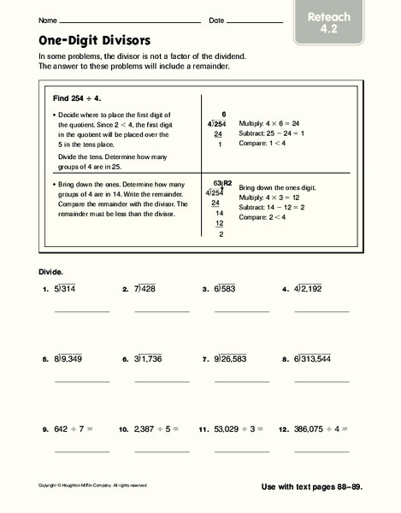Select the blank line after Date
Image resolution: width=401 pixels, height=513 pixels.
tap(255, 21)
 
